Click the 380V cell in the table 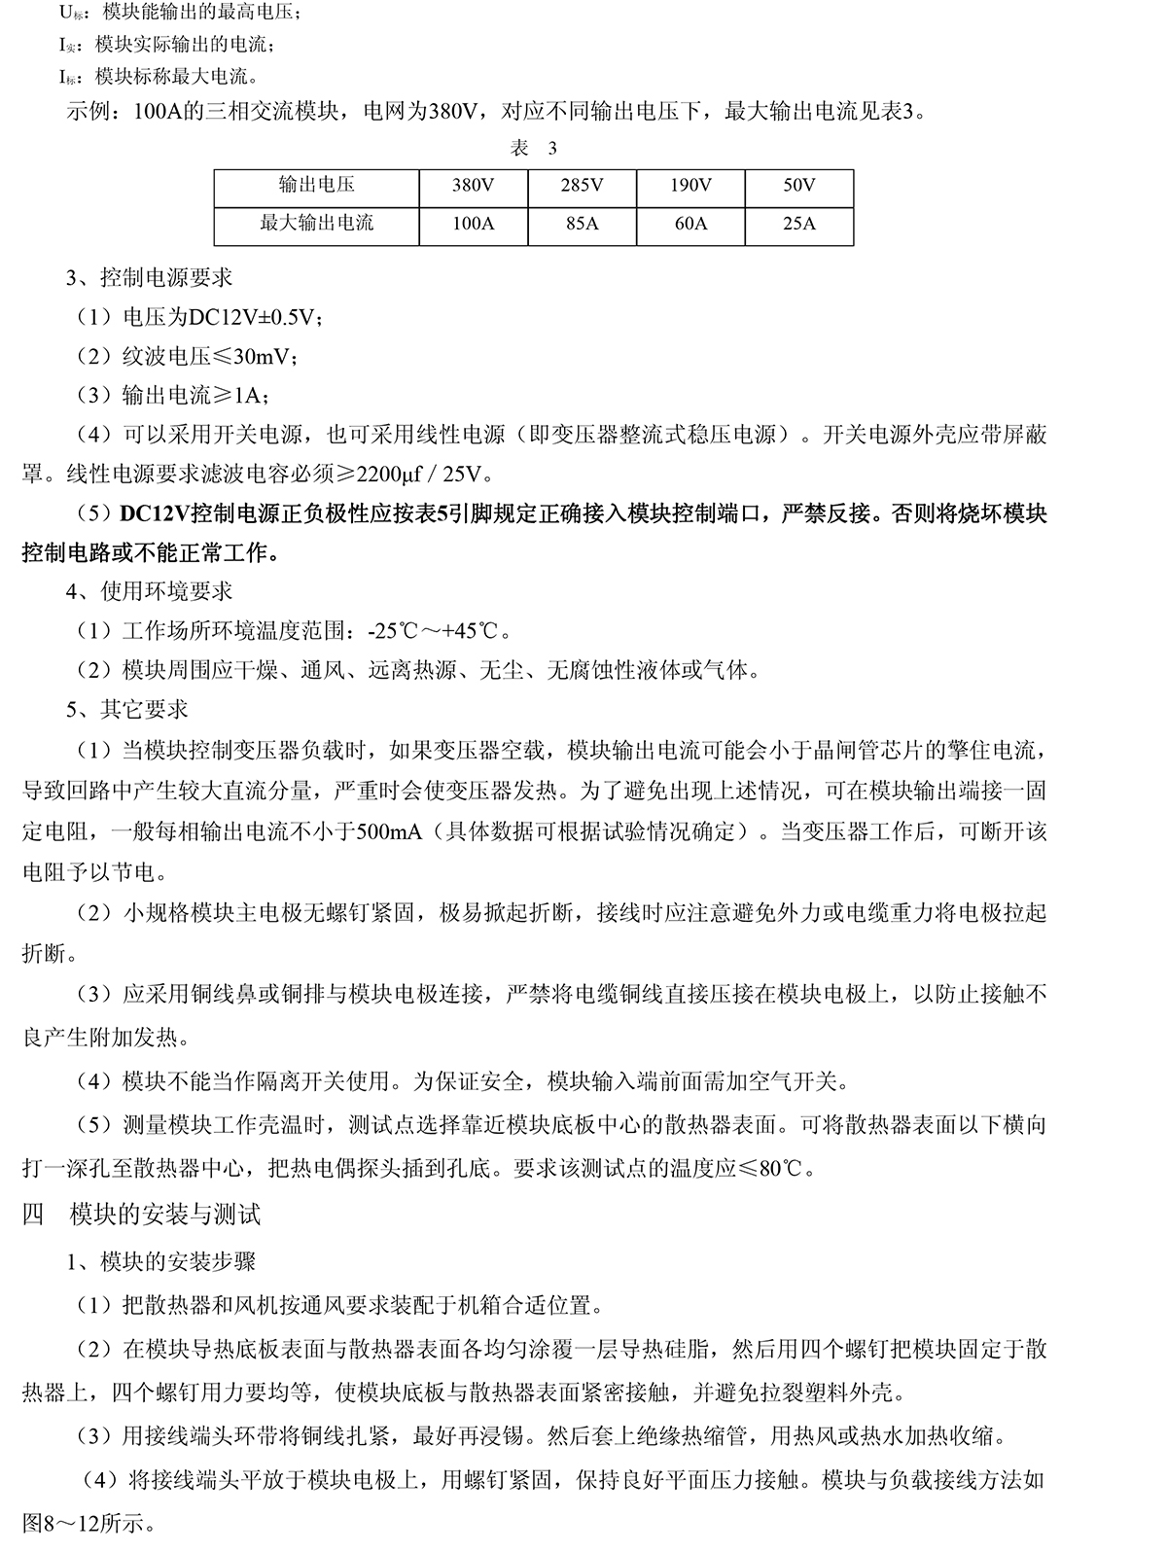(474, 186)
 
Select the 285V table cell (582, 186)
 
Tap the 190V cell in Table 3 (690, 186)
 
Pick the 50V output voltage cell (799, 186)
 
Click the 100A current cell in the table (474, 224)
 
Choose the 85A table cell (582, 224)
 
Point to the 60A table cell (690, 224)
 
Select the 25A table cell (799, 224)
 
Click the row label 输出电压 (316, 186)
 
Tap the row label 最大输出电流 (316, 224)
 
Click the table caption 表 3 (533, 148)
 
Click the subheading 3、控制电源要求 (150, 277)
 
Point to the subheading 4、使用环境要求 (150, 591)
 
